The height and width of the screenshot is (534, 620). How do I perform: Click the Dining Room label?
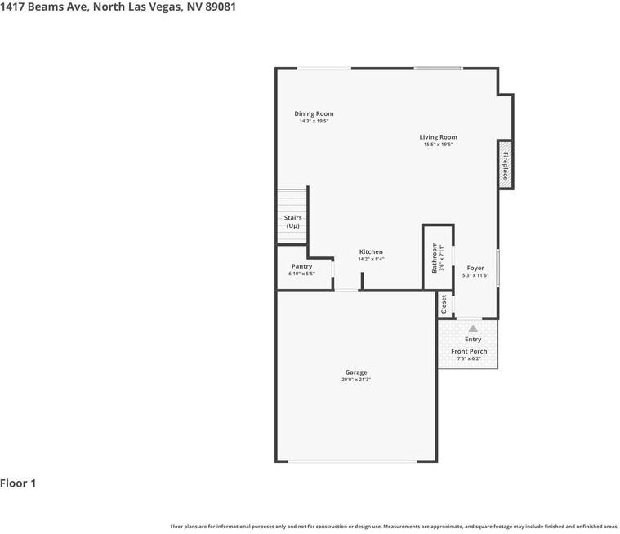[314, 113]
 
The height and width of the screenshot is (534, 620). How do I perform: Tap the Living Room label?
[438, 137]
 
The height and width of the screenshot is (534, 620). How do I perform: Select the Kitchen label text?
[371, 251]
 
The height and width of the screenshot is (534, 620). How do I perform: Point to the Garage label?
[355, 372]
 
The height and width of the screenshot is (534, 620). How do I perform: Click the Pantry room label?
[301, 266]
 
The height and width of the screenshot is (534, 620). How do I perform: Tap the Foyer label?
[475, 268]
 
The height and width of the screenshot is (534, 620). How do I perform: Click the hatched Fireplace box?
[506, 165]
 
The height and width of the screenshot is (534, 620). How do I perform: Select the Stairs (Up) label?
[292, 221]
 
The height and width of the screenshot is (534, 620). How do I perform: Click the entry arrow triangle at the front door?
[472, 327]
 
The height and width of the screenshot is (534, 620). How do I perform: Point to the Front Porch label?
[469, 351]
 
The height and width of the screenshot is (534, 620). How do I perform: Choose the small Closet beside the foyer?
[444, 304]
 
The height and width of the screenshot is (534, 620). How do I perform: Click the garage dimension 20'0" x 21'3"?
[355, 380]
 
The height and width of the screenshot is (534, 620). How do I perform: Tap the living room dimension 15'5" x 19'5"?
[438, 145]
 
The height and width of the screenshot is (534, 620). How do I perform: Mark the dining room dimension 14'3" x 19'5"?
[314, 121]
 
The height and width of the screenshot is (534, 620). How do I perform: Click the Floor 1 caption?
[18, 483]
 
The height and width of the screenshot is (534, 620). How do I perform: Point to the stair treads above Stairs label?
[292, 201]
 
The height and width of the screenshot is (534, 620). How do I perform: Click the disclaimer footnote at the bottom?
[394, 527]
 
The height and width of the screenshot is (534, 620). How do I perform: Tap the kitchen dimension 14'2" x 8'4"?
[371, 259]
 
